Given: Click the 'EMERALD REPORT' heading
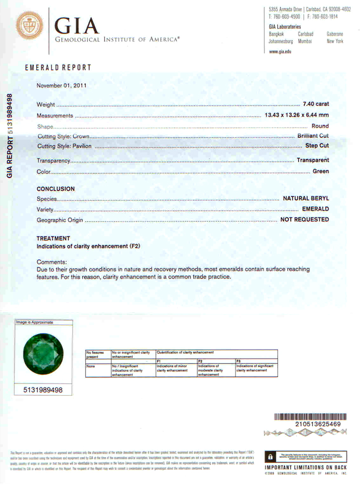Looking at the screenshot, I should pos(58,68).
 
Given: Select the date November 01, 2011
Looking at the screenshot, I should pos(62,86).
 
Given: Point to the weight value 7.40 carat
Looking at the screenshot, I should pos(315,104).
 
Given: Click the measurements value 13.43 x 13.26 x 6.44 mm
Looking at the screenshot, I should pos(297,115).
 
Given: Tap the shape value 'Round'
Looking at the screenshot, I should pos(320,126).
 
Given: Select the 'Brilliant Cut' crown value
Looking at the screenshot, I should pos(313,136).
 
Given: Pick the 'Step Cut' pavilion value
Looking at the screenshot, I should pos(317,145).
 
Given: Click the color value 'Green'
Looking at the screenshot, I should pos(320,171).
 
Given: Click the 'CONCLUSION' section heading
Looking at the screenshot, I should pos(56,189).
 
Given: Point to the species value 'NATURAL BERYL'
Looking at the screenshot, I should pos(306,198).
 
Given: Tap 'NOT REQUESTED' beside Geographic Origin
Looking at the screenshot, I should pos(304,220).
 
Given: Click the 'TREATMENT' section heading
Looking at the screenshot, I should pos(53,238).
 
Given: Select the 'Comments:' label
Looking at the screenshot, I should pos(52,262).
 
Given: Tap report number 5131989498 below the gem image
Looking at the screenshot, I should pos(44,389).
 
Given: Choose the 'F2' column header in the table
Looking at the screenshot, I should pos(200,361).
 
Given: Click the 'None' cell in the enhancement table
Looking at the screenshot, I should pos(90,366).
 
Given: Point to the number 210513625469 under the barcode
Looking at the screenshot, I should pos(318,424).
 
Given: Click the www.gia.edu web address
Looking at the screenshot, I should pos(280,51).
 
